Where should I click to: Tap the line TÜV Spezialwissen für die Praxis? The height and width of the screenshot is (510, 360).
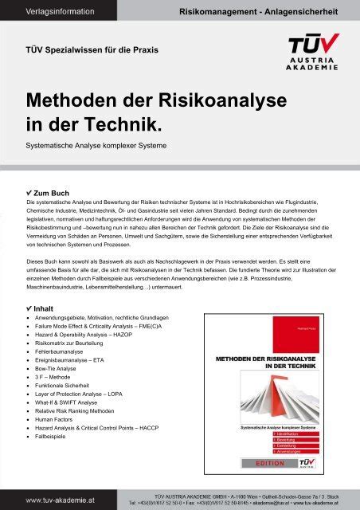click(x=92, y=49)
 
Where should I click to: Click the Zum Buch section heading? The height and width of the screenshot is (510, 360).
click(x=51, y=194)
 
